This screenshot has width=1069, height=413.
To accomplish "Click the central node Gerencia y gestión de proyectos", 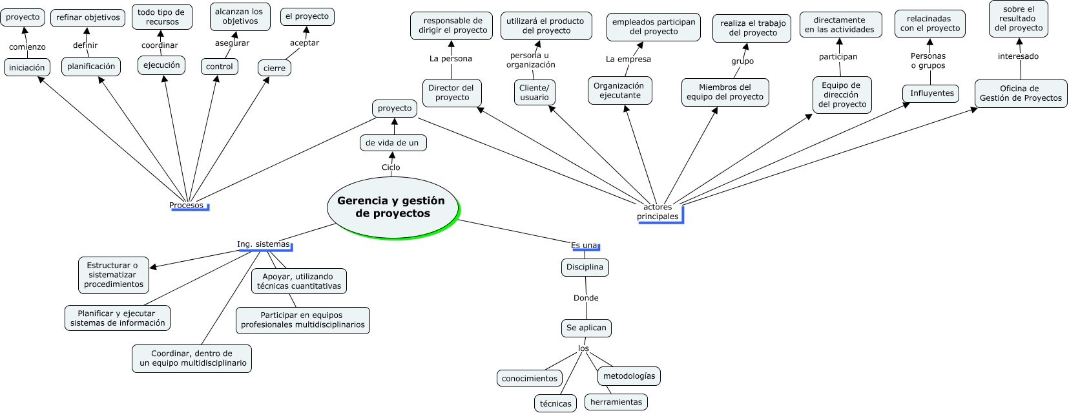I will pos(391,207).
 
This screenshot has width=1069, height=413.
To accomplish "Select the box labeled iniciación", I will pos(27,67).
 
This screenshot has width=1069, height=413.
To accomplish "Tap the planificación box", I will pos(91,66).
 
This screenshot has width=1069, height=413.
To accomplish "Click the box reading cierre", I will pos(275,68).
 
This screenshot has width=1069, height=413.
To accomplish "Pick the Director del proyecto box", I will pos(451,92).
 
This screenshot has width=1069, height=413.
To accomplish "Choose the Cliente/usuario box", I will pos(534,92).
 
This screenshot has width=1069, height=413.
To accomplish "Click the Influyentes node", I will pos(931,93).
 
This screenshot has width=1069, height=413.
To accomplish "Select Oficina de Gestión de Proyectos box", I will pos(1021,93).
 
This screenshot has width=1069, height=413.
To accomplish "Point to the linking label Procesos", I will pos(186,206).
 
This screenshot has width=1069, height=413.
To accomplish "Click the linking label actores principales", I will pos(658,212).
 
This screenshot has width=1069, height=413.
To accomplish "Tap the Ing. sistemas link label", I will pos(264,244).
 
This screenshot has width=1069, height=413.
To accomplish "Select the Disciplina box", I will pos(585,267).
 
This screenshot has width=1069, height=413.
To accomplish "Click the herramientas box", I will pos(616,402).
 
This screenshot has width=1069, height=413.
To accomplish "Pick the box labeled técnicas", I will pos(555,403).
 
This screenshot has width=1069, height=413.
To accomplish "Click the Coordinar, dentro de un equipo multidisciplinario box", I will pos(192,358).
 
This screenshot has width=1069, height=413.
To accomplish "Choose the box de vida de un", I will pos(393,143).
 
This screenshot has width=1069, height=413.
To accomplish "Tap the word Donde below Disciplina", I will pos(586,298).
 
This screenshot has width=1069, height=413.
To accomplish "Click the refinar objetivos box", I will pos(88,17).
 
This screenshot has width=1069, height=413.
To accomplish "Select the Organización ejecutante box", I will pos(619,90).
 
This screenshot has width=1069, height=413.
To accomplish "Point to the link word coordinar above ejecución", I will pos(160,45).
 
